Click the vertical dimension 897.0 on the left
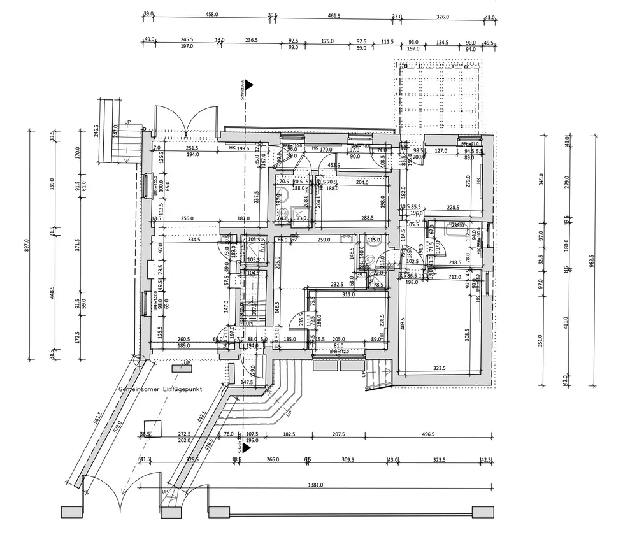click(27, 245)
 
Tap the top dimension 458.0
click(212, 15)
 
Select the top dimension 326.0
click(442, 17)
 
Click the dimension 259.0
click(323, 240)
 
